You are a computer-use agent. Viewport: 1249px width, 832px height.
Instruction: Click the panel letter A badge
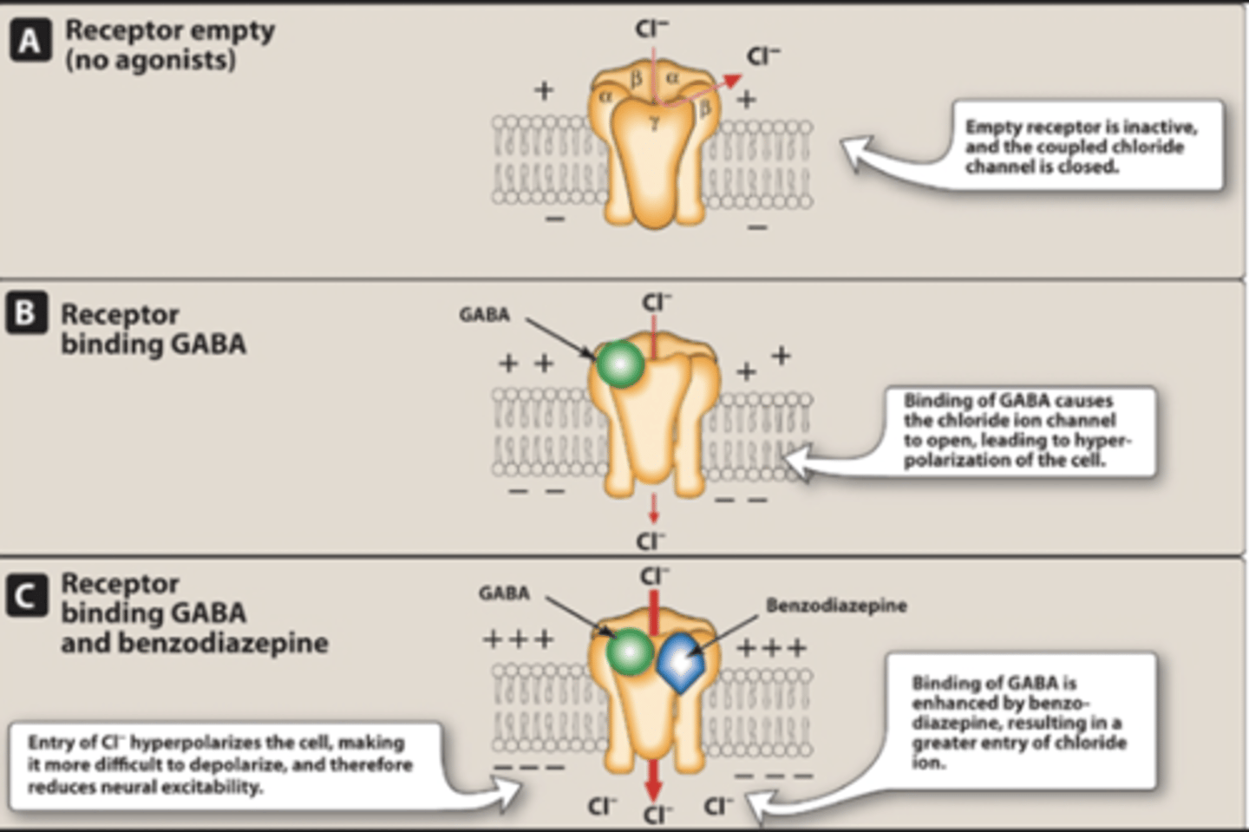29,41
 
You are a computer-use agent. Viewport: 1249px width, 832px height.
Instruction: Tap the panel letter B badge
26,313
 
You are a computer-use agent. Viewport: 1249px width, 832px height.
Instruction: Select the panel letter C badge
26,596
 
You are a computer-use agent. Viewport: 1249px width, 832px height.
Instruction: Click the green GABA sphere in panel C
630,652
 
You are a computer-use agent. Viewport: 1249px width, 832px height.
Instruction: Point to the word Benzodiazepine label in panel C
836,606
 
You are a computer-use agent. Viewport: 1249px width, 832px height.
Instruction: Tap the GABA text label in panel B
484,315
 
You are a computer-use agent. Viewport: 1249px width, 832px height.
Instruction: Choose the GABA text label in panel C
504,593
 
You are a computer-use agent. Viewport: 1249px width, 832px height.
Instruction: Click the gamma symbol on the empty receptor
655,124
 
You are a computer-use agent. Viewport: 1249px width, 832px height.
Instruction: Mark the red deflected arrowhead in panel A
734,80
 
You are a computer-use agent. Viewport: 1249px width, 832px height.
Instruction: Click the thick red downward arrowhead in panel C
654,790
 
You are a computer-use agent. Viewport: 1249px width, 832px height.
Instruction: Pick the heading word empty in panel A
233,30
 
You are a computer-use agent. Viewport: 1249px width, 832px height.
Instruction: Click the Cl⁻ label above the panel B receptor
657,303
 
